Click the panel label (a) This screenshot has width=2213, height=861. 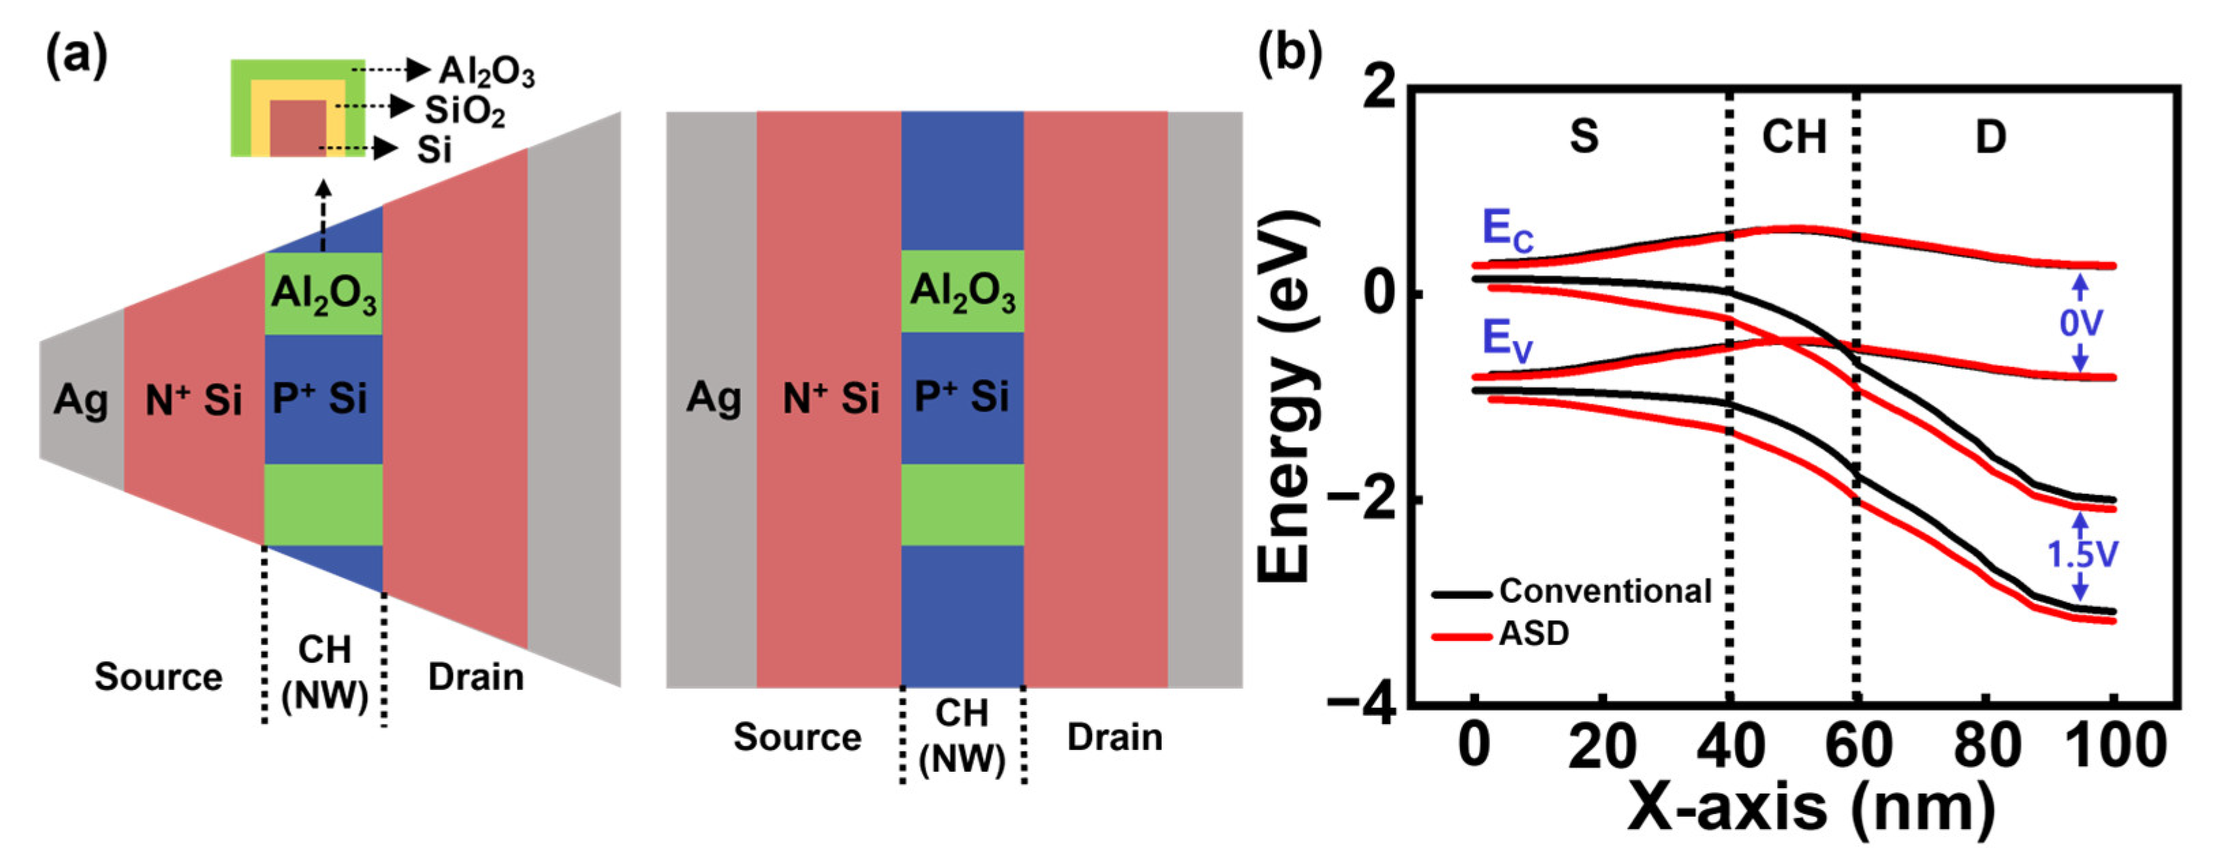[x=78, y=59]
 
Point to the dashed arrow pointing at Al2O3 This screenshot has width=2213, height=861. [x=391, y=69]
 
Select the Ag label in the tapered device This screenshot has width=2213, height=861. [x=81, y=401]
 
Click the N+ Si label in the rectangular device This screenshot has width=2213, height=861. [x=831, y=398]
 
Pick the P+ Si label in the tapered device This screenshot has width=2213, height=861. [x=319, y=398]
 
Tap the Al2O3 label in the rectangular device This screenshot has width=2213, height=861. [x=962, y=292]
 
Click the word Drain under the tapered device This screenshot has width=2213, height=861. [x=476, y=677]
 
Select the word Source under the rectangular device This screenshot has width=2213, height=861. [x=797, y=737]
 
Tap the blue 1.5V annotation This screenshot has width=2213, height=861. [x=2082, y=555]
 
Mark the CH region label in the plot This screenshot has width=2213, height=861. [x=1794, y=138]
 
